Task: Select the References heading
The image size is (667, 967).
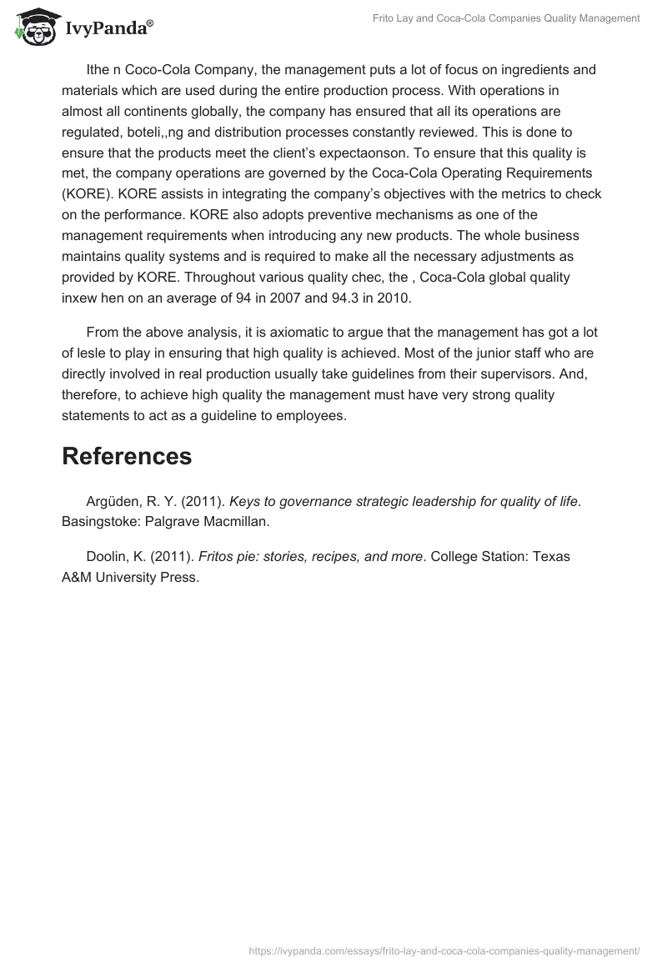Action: coord(127,456)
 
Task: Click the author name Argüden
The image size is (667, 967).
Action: coord(114,502)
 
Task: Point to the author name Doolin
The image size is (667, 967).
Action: coord(108,557)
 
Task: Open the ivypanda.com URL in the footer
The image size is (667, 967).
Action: coord(444,949)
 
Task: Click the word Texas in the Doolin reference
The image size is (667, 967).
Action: coord(550,557)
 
